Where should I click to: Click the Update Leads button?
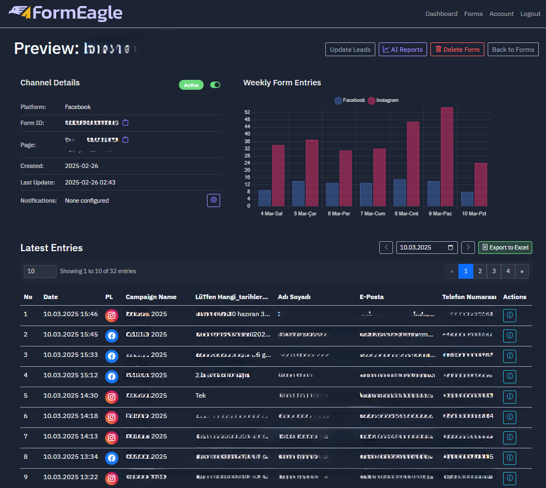(x=350, y=50)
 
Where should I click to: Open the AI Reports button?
(x=402, y=50)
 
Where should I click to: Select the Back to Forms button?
(x=513, y=50)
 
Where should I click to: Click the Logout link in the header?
(x=530, y=14)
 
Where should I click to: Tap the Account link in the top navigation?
(x=501, y=14)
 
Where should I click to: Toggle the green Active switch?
(x=215, y=85)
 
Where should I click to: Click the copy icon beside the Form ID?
(x=125, y=122)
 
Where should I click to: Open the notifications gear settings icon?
(x=214, y=200)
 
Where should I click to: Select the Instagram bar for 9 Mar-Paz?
(x=447, y=156)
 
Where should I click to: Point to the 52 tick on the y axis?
(x=247, y=112)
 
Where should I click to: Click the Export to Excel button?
(x=505, y=247)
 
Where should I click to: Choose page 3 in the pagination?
(x=494, y=271)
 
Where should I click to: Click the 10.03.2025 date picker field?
(x=427, y=247)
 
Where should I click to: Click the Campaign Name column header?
(x=151, y=297)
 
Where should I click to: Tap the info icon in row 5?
(x=509, y=397)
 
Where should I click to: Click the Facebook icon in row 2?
(x=112, y=335)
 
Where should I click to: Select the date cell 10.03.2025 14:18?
(x=70, y=416)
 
